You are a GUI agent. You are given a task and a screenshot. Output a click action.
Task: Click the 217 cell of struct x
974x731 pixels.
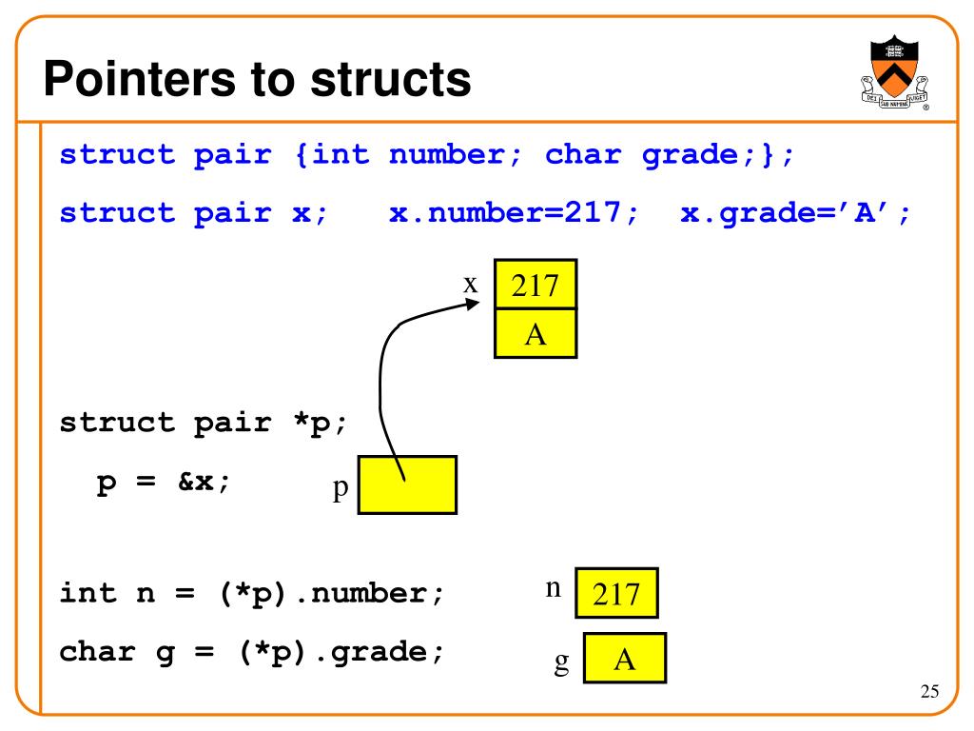click(x=535, y=284)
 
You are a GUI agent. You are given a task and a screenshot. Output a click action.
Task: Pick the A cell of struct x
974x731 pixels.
click(x=535, y=333)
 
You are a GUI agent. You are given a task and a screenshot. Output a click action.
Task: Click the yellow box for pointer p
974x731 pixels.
click(x=407, y=484)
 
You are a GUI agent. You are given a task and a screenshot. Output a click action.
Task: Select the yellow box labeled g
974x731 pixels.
click(x=624, y=658)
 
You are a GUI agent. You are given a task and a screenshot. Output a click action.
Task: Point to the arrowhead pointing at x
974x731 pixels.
click(x=473, y=304)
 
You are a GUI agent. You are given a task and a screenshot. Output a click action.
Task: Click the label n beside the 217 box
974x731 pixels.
click(x=553, y=587)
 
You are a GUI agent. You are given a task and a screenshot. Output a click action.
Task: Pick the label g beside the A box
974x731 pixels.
click(x=561, y=661)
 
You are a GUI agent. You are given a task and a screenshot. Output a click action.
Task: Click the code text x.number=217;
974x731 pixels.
click(x=514, y=214)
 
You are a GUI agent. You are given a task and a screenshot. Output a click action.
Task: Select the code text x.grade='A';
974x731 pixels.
click(x=795, y=214)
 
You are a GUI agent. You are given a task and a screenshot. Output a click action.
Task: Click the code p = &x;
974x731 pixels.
click(x=164, y=482)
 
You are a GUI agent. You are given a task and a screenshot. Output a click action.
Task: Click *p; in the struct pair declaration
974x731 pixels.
click(x=319, y=423)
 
